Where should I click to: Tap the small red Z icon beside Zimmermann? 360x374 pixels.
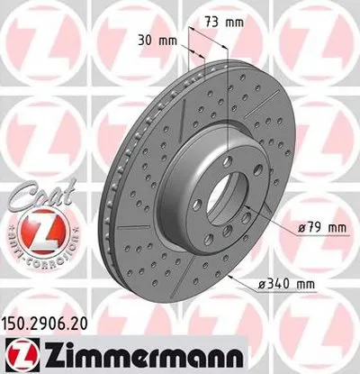click(18, 354)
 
